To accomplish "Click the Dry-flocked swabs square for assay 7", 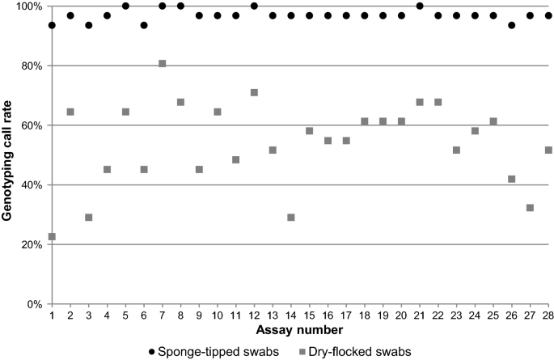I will point(163,63).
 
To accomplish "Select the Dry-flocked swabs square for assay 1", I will point(52,236).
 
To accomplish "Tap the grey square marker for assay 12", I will point(254,92).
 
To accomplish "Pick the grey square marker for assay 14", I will point(291,218).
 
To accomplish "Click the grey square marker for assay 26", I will point(512,179).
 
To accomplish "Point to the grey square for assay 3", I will point(89,218).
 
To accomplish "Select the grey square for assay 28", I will point(548,150).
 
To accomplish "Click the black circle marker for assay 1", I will point(52,25).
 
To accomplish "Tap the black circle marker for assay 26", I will point(512,25).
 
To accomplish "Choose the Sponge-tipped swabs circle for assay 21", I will point(420,6).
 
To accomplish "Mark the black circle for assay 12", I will point(254,6).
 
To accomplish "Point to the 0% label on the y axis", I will point(34,304).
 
